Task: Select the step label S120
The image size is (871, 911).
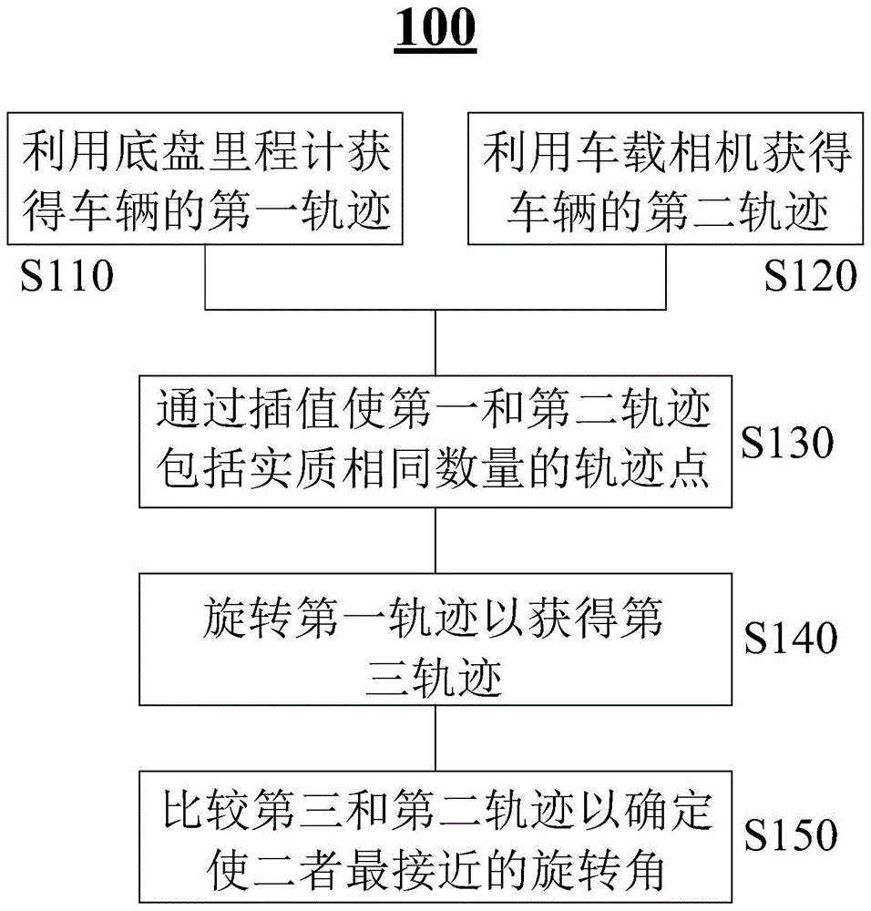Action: pyautogui.click(x=810, y=274)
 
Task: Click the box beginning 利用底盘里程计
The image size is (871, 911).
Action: pyautogui.click(x=207, y=179)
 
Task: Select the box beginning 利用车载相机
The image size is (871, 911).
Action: pyautogui.click(x=665, y=179)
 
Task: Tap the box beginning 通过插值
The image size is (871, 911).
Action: pyautogui.click(x=435, y=440)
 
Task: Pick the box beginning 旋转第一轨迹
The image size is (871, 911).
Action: pyautogui.click(x=435, y=638)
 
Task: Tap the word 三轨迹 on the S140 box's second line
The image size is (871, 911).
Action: pyautogui.click(x=435, y=679)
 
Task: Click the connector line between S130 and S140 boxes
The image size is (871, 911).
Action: pyautogui.click(x=435, y=539)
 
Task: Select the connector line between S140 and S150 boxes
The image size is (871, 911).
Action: pyautogui.click(x=435, y=737)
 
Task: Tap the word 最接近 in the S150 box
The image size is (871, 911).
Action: pyautogui.click(x=435, y=870)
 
